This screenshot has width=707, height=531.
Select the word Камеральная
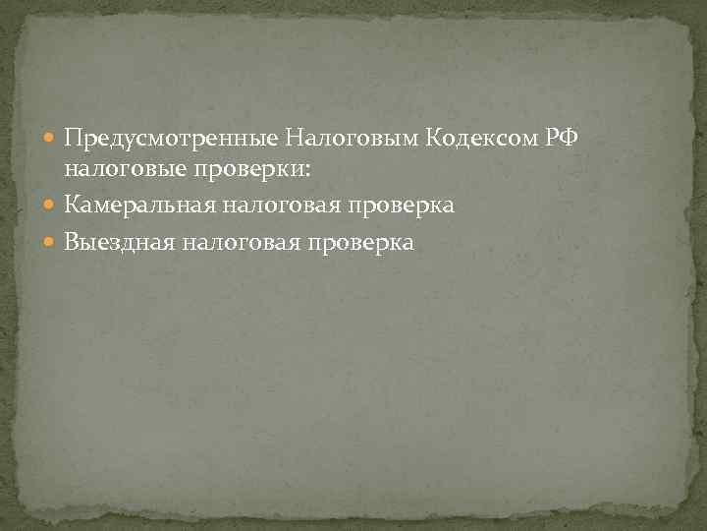[x=141, y=206]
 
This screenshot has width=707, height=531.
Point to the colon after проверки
[x=307, y=171]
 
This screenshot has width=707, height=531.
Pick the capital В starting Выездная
[x=72, y=242]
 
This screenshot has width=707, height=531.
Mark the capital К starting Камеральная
[x=72, y=206]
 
